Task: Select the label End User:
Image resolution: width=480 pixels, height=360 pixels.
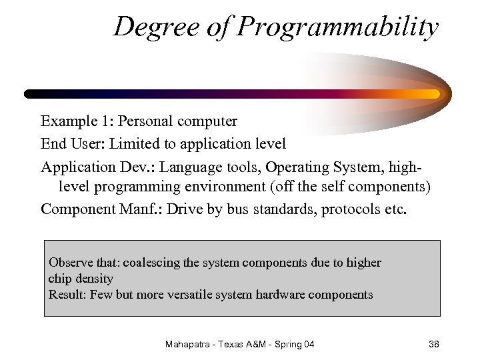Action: (x=73, y=143)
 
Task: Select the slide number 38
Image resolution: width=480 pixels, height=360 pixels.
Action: (x=433, y=345)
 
